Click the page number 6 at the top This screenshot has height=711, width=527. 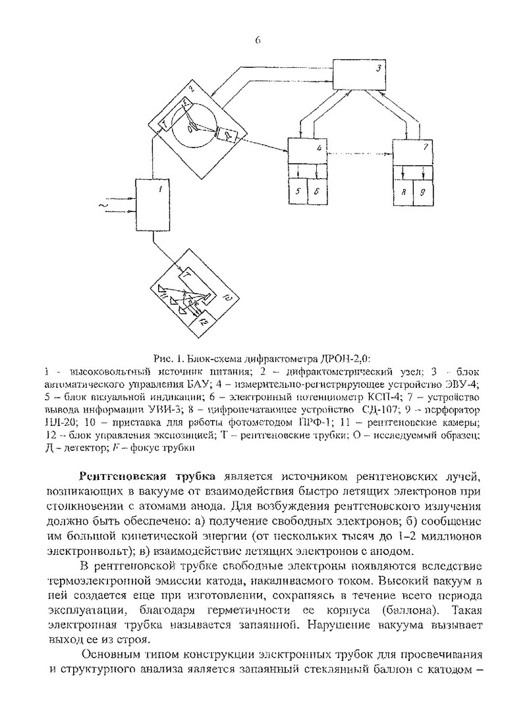click(x=258, y=40)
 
